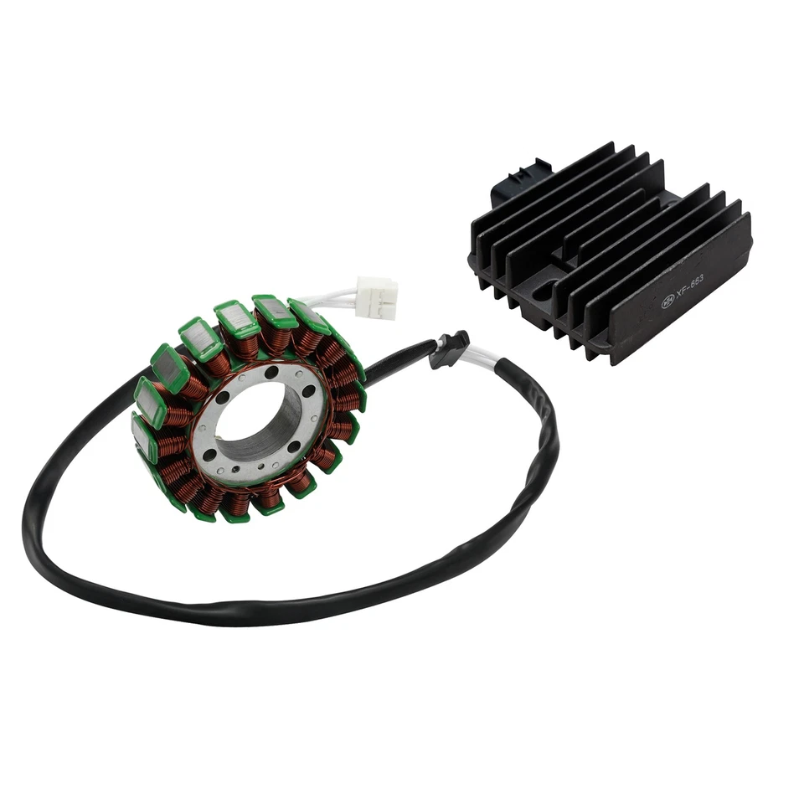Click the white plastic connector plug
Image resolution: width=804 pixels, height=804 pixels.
point(376,297)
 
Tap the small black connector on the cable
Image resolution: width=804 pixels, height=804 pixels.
point(451,348)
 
